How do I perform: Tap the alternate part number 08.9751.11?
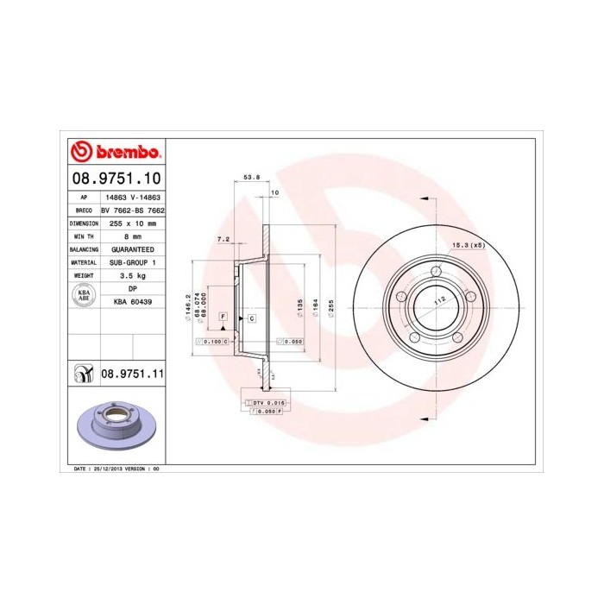coord(133,374)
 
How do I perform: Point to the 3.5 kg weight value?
coord(132,274)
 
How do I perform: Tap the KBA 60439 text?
coord(132,302)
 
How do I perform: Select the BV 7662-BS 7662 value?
coord(132,210)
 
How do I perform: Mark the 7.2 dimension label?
coord(223,238)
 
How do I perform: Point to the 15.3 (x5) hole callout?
coord(469,246)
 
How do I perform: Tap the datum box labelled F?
coord(223,318)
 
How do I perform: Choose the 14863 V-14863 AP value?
coord(132,197)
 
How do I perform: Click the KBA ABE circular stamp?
coord(85,295)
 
